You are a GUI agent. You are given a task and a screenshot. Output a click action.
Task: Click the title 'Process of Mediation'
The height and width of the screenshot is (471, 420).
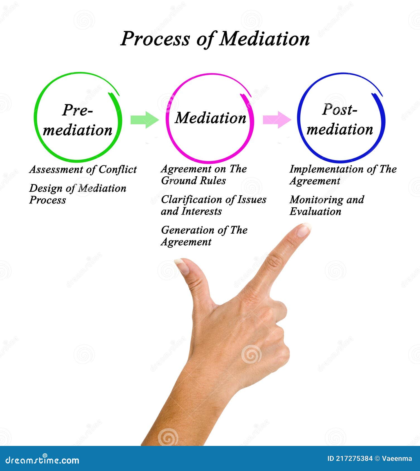pyautogui.click(x=215, y=38)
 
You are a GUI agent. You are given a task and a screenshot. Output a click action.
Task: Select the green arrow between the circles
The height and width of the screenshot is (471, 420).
pyautogui.click(x=144, y=120)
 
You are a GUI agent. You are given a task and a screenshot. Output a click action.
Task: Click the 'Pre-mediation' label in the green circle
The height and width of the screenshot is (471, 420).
pyautogui.click(x=78, y=120)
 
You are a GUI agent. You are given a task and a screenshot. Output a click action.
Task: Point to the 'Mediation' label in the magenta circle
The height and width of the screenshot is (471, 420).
pyautogui.click(x=211, y=118)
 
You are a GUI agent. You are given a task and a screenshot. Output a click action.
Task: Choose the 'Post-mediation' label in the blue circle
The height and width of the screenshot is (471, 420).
pyautogui.click(x=340, y=119)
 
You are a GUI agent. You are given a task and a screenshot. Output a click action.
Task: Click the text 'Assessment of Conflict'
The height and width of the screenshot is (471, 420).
pyautogui.click(x=83, y=169)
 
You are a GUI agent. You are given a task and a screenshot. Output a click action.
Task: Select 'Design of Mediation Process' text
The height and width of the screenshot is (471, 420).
pyautogui.click(x=78, y=194)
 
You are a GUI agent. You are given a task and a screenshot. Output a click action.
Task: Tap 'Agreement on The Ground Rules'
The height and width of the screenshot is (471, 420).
pyautogui.click(x=204, y=175)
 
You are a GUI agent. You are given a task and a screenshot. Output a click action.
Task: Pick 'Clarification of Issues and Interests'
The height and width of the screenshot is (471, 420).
pyautogui.click(x=213, y=205)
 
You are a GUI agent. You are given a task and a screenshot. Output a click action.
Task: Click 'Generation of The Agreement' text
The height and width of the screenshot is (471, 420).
pyautogui.click(x=204, y=236)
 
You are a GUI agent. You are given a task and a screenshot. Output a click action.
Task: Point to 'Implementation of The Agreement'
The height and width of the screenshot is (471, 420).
pyautogui.click(x=343, y=175)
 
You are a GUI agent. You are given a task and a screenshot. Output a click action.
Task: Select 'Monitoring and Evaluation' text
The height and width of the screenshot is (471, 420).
pyautogui.click(x=327, y=205)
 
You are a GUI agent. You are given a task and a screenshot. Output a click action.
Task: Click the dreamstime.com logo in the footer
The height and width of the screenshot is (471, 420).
pyautogui.click(x=42, y=460)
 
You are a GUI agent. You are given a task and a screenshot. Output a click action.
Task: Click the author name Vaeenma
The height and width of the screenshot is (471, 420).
pyautogui.click(x=397, y=458)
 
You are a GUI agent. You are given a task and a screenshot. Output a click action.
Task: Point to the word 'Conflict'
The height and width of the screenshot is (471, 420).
pyautogui.click(x=118, y=169)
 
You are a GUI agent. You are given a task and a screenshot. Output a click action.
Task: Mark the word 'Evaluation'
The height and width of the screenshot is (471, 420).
pyautogui.click(x=315, y=212)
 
